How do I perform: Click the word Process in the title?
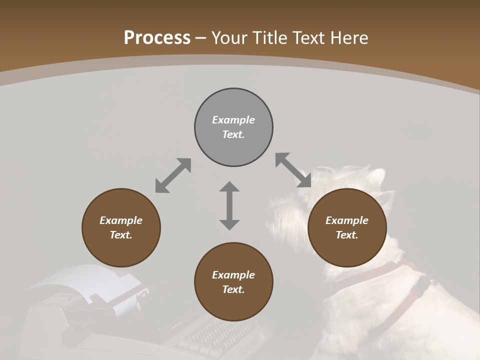coord(157,38)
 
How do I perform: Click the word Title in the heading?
coord(269,38)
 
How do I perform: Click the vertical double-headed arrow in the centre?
coord(229,205)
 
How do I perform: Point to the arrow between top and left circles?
coord(173,175)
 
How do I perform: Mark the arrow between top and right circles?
coord(293,170)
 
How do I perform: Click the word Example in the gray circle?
coord(233,120)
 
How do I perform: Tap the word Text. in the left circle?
coord(121,235)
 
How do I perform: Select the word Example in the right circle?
coord(347,220)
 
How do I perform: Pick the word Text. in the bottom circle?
coord(233,289)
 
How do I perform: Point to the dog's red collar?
coord(380,272)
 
